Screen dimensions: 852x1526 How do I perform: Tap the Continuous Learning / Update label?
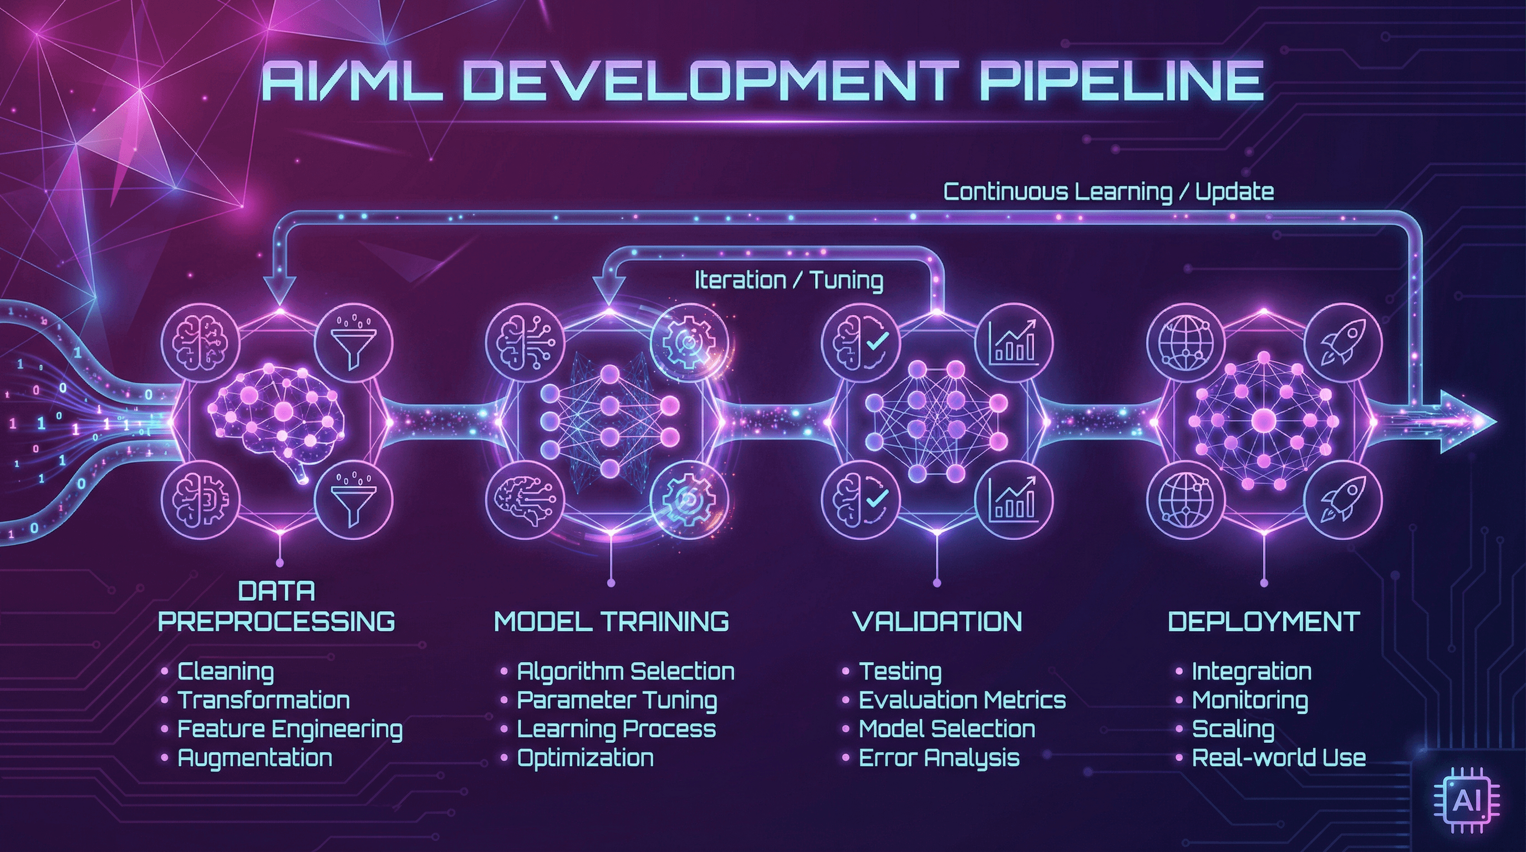tap(1108, 192)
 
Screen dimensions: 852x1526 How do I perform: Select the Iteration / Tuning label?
tap(789, 280)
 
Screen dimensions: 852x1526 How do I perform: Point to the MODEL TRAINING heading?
tap(612, 621)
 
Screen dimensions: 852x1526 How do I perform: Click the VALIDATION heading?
tap(937, 621)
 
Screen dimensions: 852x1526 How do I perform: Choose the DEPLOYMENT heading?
tap(1264, 621)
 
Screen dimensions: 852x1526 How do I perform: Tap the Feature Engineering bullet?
tap(289, 729)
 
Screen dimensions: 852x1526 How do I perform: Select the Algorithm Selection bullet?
tap(625, 671)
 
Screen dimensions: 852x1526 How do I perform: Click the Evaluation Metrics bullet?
tap(962, 701)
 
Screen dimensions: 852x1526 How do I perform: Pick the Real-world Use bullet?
tap(1278, 757)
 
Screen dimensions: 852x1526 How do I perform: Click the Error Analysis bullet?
tap(939, 757)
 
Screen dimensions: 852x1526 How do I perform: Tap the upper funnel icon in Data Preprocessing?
tap(353, 342)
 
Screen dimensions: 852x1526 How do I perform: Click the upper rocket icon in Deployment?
tap(1343, 342)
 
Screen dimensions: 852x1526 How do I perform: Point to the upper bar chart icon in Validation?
tap(1014, 342)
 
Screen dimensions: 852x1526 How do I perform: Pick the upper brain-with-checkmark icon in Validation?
tap(861, 342)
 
